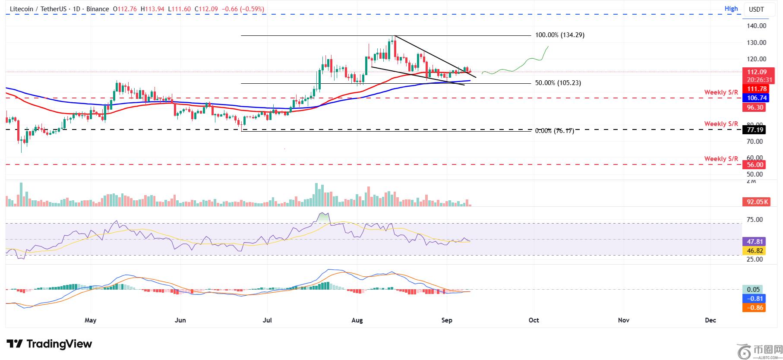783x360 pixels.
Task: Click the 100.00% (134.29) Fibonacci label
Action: [559, 35]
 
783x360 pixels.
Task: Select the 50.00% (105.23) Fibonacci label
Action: [558, 83]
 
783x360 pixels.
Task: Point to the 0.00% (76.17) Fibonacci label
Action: [554, 130]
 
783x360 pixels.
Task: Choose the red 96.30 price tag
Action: [754, 107]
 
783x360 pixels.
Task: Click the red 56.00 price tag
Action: [754, 164]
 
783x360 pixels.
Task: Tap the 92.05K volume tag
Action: [754, 202]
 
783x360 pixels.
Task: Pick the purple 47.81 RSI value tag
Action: [754, 242]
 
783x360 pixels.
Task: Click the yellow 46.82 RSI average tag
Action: [754, 251]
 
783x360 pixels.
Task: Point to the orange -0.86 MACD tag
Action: [754, 308]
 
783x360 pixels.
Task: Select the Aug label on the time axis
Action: [357, 320]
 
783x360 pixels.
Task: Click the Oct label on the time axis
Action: [534, 320]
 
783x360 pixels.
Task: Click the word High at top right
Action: [731, 9]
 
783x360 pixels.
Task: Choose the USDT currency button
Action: [756, 9]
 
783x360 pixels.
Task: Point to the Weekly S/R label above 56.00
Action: [721, 159]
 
